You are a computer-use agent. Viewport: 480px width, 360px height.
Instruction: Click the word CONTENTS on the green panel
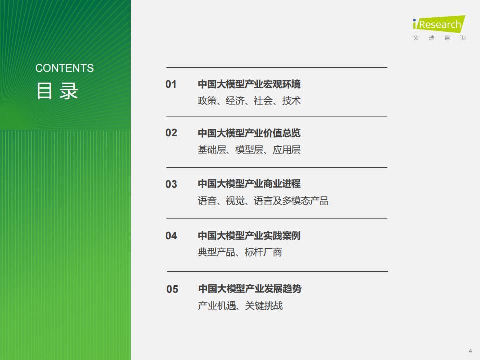click(64, 68)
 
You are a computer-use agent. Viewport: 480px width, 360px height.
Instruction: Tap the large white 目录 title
click(57, 91)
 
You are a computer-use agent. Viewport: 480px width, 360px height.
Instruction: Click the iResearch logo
click(439, 24)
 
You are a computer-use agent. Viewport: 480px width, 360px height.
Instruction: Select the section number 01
click(171, 84)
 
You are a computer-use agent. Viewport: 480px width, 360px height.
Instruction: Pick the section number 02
click(171, 133)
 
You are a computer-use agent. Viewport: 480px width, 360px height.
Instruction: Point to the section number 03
click(171, 184)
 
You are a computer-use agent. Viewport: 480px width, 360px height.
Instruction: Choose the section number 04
click(171, 236)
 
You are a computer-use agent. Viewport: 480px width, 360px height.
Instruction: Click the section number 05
click(172, 289)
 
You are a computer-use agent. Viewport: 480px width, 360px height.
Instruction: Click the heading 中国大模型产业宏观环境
click(249, 84)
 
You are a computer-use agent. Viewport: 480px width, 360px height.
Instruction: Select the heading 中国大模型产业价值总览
click(249, 133)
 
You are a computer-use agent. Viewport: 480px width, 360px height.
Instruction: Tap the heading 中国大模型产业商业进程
click(249, 184)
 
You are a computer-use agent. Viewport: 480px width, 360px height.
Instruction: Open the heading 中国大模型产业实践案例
click(249, 235)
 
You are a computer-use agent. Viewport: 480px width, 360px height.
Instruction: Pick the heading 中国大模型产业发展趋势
click(250, 288)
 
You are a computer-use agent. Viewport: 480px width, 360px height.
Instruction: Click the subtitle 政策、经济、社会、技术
click(249, 100)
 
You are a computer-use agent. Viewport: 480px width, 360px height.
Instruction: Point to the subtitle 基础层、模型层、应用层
click(249, 149)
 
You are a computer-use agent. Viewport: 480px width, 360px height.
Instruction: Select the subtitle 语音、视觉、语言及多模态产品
click(263, 201)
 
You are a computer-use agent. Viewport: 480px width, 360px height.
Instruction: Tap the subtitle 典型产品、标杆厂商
click(240, 252)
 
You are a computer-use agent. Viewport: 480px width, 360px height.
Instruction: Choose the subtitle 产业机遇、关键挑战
click(240, 305)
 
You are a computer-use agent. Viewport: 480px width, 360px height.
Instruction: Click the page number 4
click(470, 351)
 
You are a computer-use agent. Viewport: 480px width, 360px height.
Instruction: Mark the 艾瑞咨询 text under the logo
click(439, 38)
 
